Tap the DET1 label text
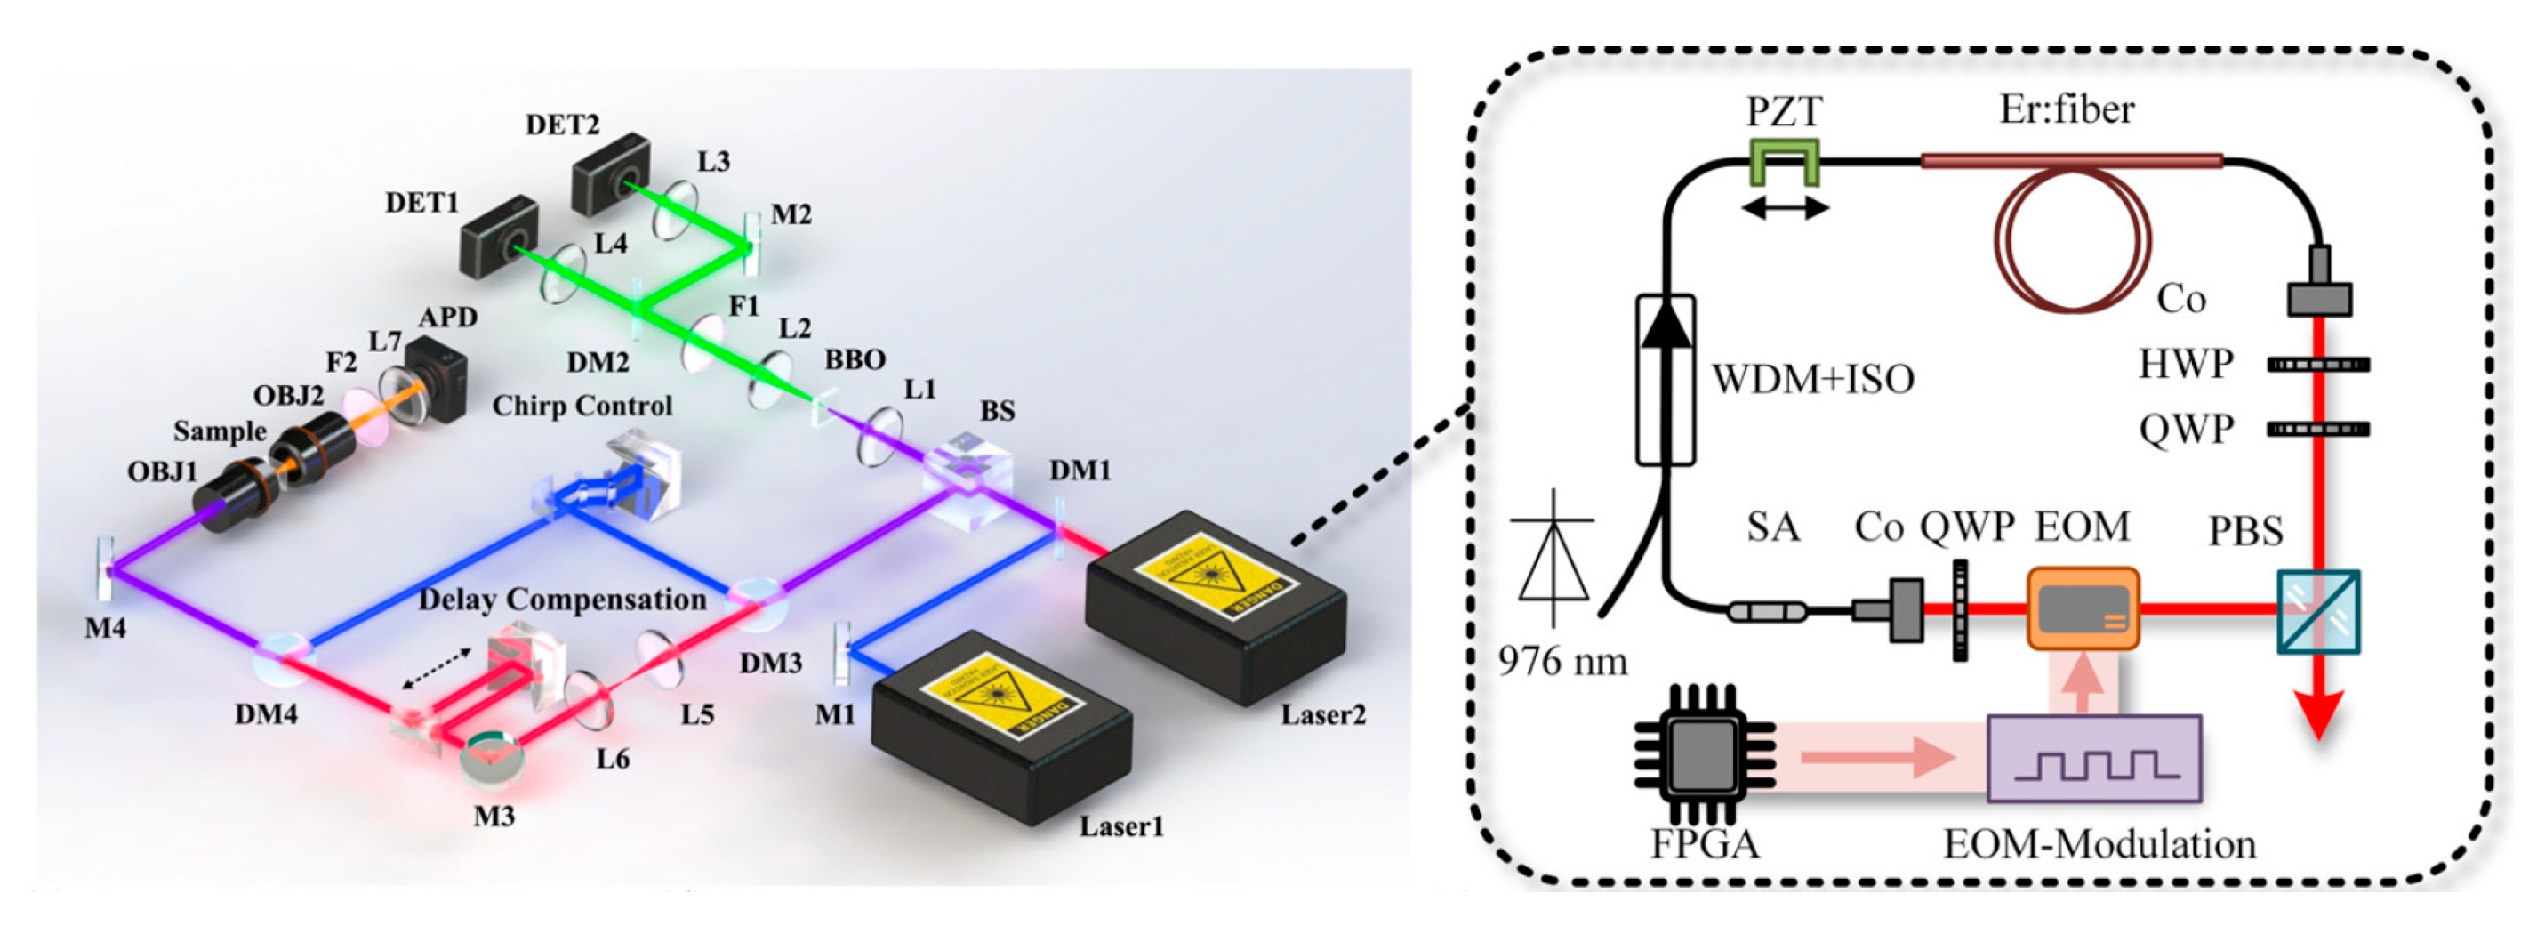tap(421, 203)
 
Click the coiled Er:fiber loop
tap(2072, 239)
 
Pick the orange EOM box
tap(2083, 608)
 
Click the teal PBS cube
tap(2317, 611)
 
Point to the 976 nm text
tap(1563, 660)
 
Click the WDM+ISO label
tap(1812, 379)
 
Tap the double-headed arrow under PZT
tap(1785, 208)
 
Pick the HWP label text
tap(2186, 364)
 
